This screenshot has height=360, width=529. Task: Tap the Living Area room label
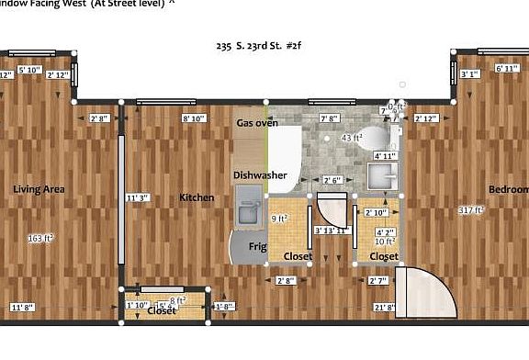tap(39, 189)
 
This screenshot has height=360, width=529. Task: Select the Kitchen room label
tap(197, 197)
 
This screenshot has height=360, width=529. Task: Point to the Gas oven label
tap(257, 122)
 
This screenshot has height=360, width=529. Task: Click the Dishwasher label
tap(259, 174)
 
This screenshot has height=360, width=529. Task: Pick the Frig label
tap(257, 246)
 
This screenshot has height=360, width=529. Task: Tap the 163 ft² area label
tap(39, 238)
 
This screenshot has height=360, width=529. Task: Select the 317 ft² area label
tap(471, 210)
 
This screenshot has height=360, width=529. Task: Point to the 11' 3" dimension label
tap(137, 197)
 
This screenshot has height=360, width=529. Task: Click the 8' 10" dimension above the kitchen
tap(194, 118)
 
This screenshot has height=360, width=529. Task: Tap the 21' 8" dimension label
tap(384, 306)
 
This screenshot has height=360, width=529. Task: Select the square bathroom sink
tap(384, 174)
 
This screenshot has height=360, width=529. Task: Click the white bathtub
tap(287, 156)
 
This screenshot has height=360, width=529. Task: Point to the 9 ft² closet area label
tap(279, 219)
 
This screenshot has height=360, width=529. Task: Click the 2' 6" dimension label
tap(332, 179)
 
